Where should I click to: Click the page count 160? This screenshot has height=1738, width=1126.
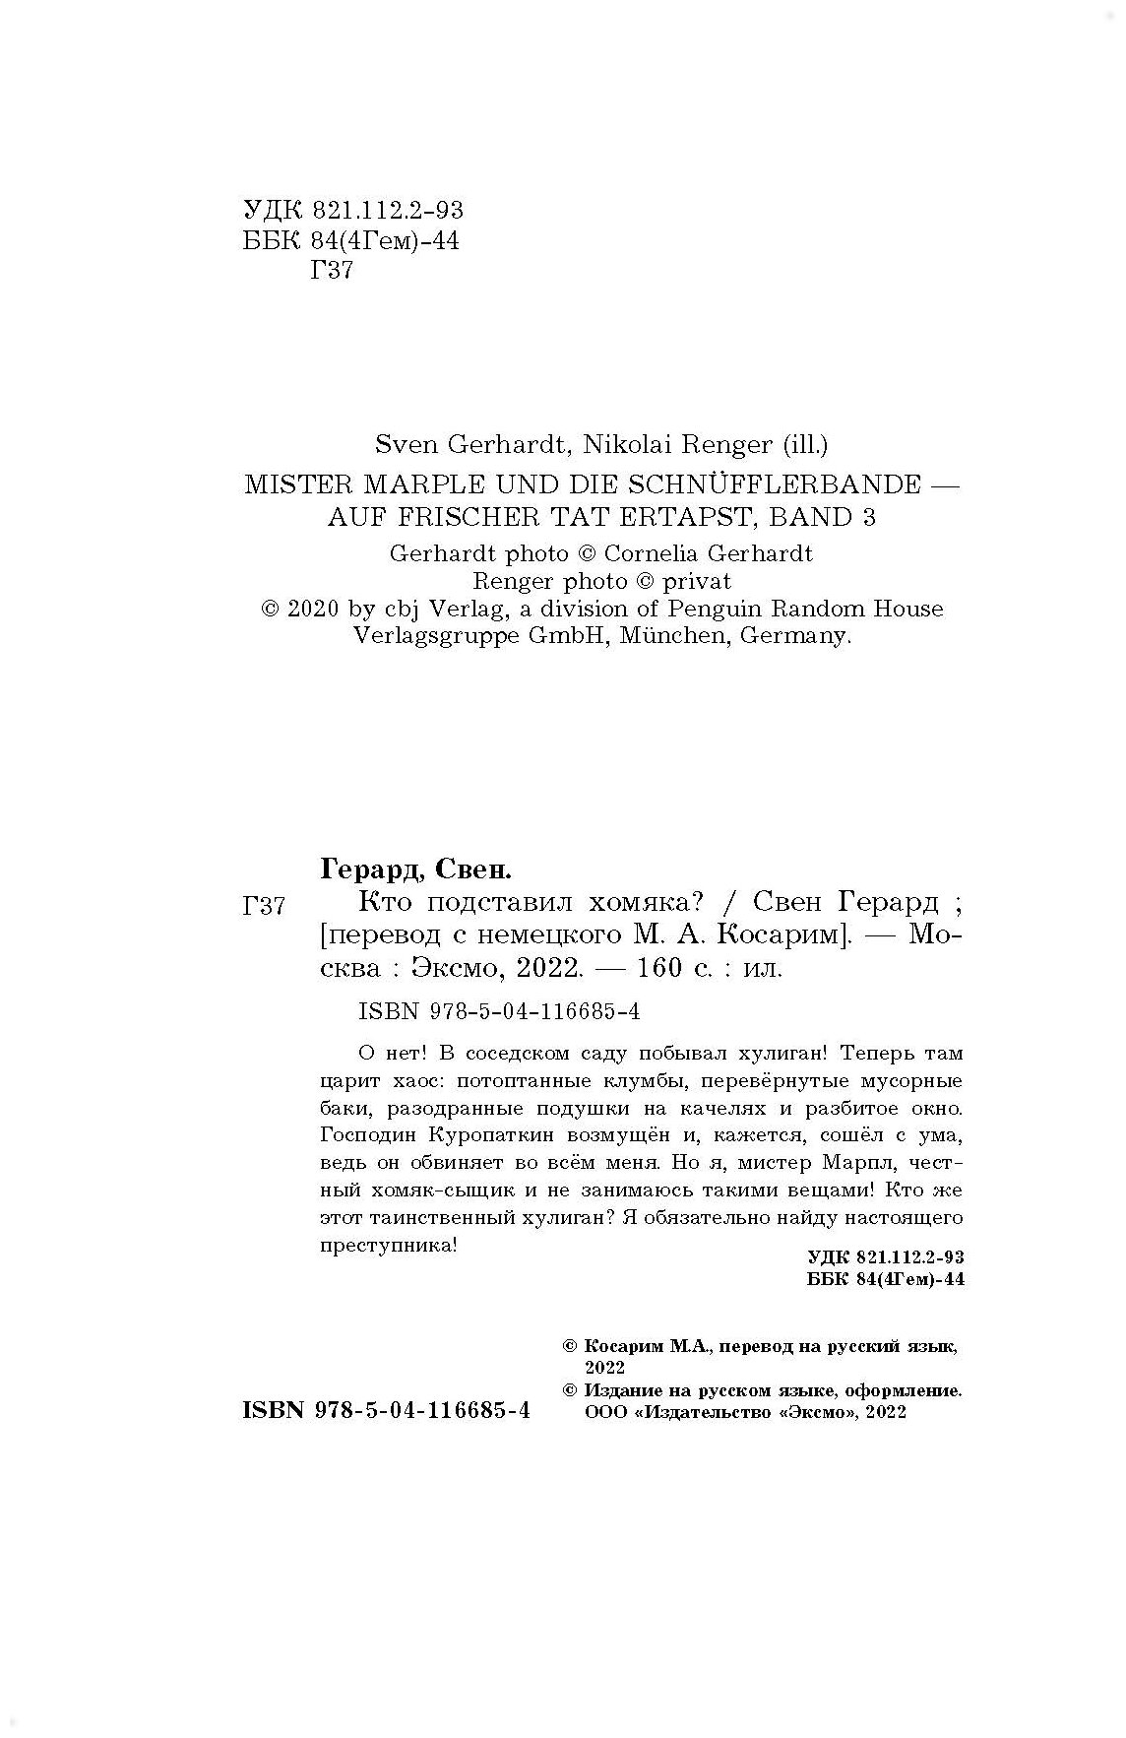pos(659,968)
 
